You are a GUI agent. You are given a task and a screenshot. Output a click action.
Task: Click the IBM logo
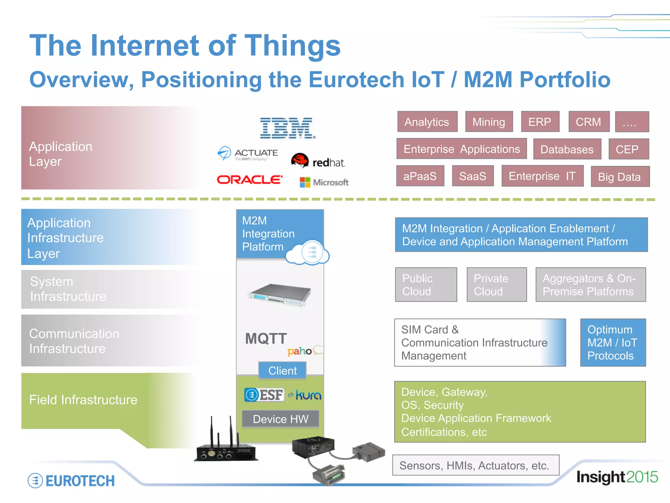pos(288,128)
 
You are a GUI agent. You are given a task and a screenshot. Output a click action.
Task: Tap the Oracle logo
pos(250,180)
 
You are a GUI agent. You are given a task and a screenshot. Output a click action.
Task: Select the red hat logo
pos(318,161)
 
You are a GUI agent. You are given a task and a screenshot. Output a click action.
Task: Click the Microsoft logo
pos(324,182)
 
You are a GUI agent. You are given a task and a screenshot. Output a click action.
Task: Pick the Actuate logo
pos(248,154)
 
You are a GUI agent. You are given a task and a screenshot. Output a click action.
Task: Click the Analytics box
pos(427,122)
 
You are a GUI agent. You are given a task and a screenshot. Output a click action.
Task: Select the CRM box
pos(589,122)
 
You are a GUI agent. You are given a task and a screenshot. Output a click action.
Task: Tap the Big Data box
pos(620,177)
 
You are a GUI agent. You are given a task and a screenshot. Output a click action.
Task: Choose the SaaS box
pos(472,176)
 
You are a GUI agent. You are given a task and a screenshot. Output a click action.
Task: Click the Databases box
pos(567,149)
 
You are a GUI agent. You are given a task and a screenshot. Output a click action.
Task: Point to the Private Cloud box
pos(496,285)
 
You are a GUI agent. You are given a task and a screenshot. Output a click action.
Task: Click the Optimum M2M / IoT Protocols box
pos(613,343)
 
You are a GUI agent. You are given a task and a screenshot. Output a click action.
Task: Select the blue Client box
pos(282,371)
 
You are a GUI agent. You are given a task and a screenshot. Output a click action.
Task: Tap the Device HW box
pos(280,419)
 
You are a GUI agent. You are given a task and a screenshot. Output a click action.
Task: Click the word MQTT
pos(266,339)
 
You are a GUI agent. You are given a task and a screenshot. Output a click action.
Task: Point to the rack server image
pos(279,294)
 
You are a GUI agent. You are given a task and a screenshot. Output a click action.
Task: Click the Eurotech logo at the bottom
pos(71,481)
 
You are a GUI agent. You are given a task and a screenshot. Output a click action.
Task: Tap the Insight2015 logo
pos(617,477)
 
